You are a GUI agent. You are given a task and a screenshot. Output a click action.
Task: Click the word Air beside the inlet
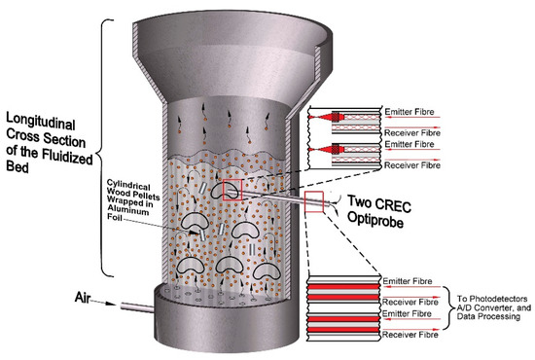(83, 297)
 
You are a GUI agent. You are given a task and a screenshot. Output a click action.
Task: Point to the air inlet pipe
(137, 307)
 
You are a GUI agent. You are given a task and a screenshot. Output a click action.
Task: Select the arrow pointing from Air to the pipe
(104, 303)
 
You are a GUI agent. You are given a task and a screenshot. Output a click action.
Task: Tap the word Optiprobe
(375, 220)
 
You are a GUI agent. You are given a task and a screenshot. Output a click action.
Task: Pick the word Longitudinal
(41, 122)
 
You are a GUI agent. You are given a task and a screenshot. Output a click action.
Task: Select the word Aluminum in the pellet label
(128, 210)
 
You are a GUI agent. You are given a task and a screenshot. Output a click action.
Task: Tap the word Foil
(115, 217)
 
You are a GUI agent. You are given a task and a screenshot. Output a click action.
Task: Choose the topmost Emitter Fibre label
(410, 112)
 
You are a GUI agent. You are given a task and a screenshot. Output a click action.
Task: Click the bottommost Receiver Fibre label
(410, 335)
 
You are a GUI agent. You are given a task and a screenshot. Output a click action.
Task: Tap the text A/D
(464, 307)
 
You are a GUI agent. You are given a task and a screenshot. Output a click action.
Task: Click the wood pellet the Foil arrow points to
(202, 234)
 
